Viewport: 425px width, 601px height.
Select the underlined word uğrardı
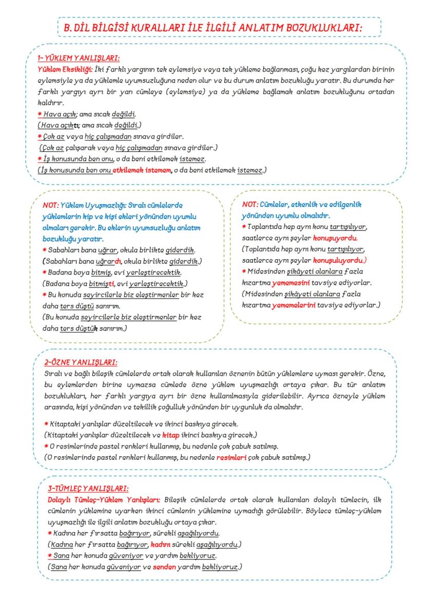click(108, 261)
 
